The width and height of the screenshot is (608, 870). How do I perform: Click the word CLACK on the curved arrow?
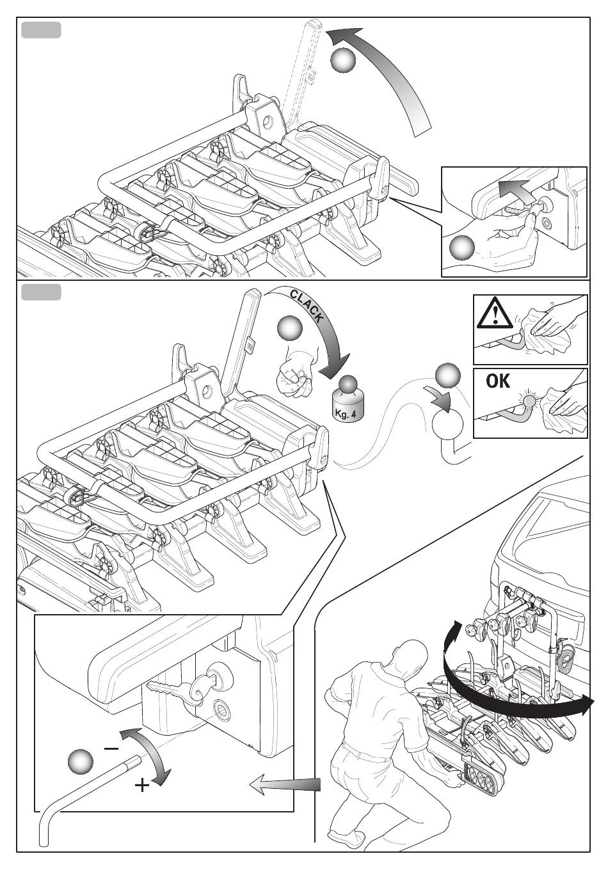[307, 306]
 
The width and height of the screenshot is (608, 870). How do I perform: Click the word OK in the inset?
[498, 381]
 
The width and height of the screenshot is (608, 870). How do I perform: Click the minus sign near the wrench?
[111, 748]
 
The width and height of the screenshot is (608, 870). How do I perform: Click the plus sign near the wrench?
[142, 786]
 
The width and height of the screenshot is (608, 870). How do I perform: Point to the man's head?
[409, 658]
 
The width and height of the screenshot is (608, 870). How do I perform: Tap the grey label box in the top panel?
[41, 30]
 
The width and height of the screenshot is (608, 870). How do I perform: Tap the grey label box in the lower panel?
[41, 292]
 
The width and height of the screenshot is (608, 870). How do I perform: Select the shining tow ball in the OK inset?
[529, 400]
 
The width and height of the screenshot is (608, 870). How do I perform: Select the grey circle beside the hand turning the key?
[462, 248]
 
